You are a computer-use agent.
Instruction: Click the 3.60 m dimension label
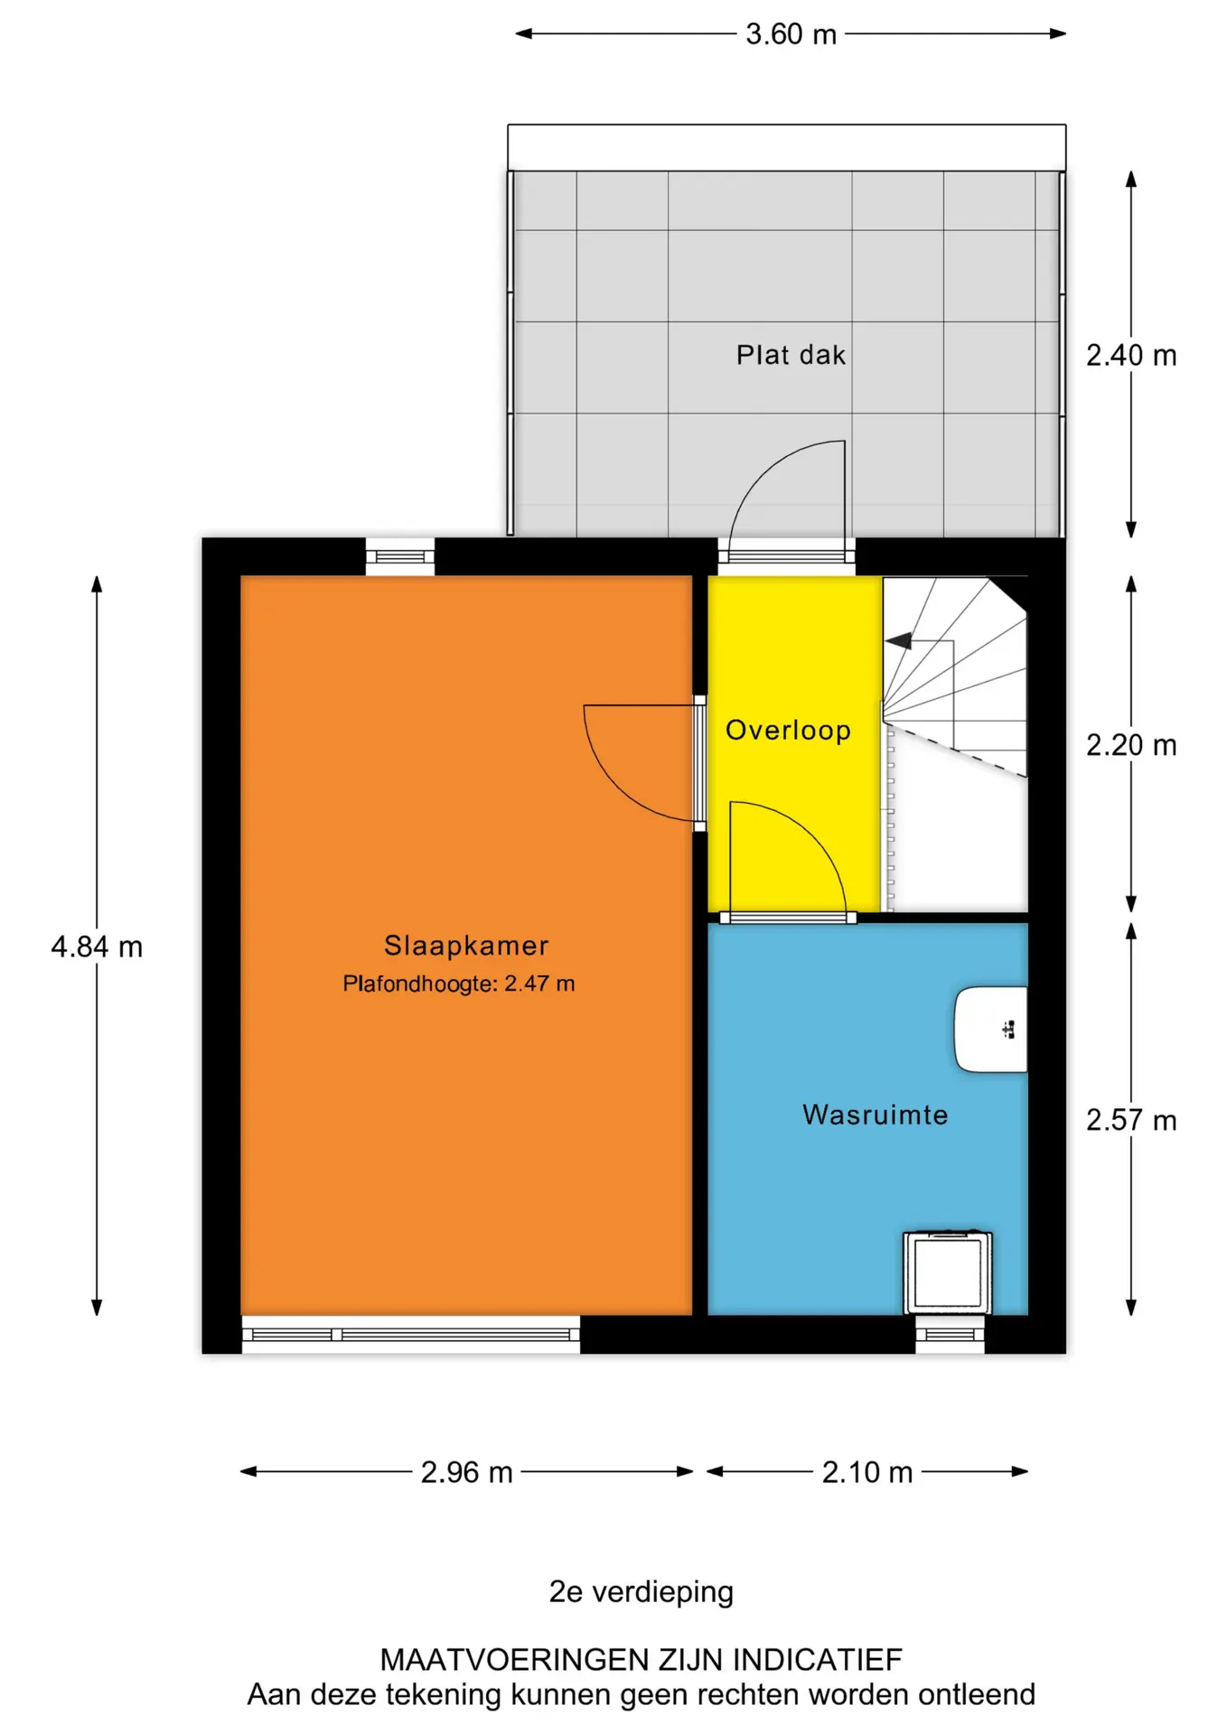[x=791, y=34]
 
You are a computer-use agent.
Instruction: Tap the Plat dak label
[x=791, y=355]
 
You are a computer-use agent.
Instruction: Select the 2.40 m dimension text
[x=1131, y=356]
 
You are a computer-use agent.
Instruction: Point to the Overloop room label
[x=788, y=730]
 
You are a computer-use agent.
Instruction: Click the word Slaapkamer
[x=466, y=946]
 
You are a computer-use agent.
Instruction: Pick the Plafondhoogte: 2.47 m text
[x=459, y=984]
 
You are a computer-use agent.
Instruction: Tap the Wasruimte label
[x=875, y=1114]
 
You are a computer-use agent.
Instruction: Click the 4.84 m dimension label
[x=97, y=946]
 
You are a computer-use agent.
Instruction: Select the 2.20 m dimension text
[x=1131, y=745]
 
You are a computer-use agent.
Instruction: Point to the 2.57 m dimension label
[x=1131, y=1120]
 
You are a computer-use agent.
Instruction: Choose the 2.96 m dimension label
[x=466, y=1472]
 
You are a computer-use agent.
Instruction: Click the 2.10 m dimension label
[x=867, y=1472]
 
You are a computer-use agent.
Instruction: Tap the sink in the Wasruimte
[x=991, y=1030]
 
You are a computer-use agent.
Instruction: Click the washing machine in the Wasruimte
[x=948, y=1273]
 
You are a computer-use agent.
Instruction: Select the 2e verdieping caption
[x=642, y=1591]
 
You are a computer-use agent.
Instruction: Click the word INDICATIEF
[x=817, y=1659]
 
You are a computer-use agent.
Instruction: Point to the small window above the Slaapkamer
[x=400, y=556]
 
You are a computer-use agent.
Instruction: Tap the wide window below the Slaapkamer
[x=411, y=1334]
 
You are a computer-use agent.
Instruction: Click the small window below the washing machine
[x=950, y=1334]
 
